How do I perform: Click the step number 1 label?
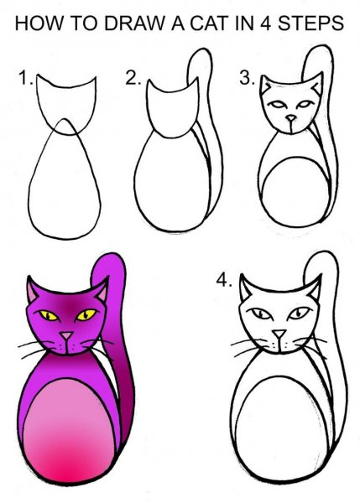pyautogui.click(x=24, y=80)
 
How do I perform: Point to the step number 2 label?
pyautogui.click(x=132, y=79)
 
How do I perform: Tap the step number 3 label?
pyautogui.click(x=246, y=79)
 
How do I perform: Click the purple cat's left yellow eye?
pyautogui.click(x=48, y=316)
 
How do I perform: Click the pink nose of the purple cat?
pyautogui.click(x=66, y=337)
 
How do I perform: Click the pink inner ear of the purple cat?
pyautogui.click(x=33, y=294)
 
